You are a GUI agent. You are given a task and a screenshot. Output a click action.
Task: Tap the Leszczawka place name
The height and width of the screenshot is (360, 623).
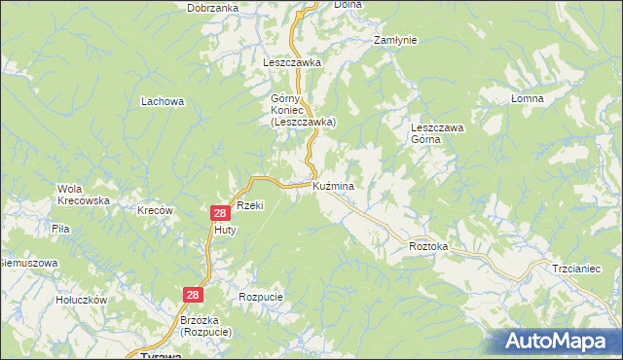point(292,62)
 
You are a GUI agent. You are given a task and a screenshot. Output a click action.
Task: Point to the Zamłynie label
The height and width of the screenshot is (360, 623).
point(396,40)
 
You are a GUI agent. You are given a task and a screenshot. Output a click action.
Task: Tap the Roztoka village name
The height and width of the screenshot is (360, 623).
point(428,247)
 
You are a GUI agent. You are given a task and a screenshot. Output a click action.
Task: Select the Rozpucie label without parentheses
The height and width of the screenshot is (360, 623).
point(260,296)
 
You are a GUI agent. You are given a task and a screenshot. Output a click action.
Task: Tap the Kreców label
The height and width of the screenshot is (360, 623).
point(155,210)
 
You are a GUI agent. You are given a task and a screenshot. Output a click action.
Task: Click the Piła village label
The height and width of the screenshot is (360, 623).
point(60,229)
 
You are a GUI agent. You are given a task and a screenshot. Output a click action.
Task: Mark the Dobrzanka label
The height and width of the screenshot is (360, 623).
point(213,8)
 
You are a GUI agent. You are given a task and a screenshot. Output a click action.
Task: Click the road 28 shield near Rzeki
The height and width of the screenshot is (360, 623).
point(220,212)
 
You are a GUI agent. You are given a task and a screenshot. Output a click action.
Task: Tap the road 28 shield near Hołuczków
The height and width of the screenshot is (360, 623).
point(194,294)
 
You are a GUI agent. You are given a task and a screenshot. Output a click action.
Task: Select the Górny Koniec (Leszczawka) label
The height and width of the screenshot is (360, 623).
point(303,110)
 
